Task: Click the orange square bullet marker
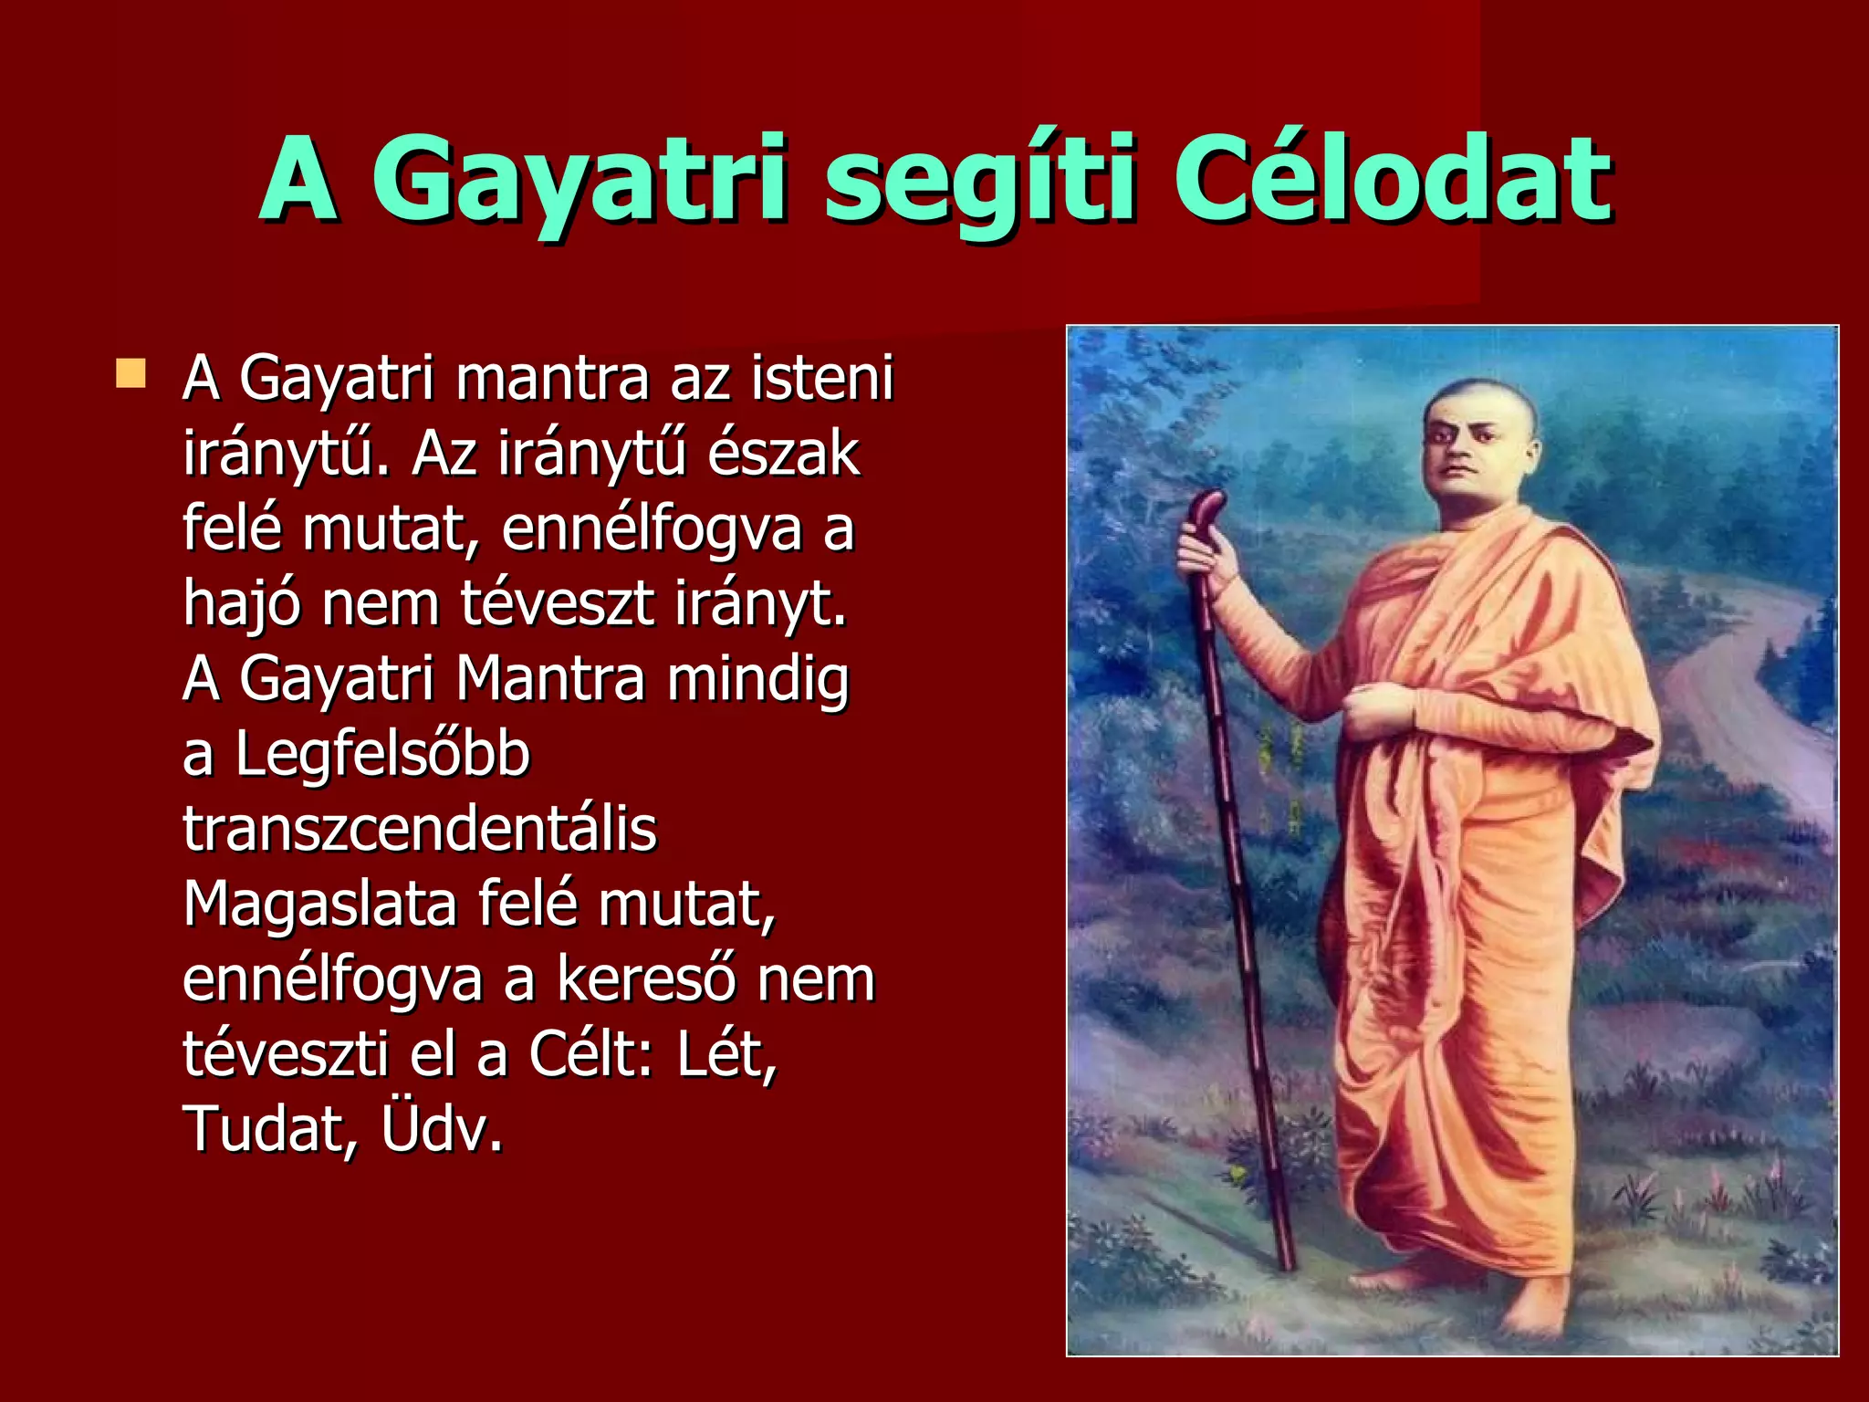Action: point(131,374)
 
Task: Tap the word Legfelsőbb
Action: point(382,755)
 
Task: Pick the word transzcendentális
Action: point(420,829)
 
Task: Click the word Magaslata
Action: point(319,904)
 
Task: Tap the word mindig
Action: point(757,680)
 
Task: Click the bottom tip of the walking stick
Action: point(1288,1265)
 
